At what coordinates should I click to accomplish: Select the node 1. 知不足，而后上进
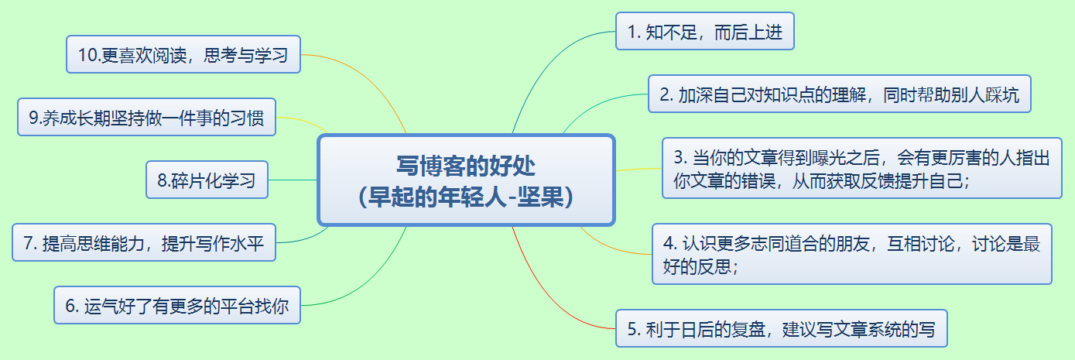pos(705,32)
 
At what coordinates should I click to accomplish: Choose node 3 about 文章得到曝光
pos(861,169)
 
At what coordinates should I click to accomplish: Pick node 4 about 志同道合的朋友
pos(851,255)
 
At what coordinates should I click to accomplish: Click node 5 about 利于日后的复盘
pos(781,330)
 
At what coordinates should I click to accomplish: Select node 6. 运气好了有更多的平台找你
pos(176,306)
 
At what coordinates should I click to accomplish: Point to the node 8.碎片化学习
pos(207,180)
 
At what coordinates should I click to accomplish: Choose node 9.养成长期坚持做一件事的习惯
pos(146,118)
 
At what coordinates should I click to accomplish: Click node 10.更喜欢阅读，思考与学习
pos(183,55)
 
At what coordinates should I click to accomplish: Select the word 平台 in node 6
pos(221,306)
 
